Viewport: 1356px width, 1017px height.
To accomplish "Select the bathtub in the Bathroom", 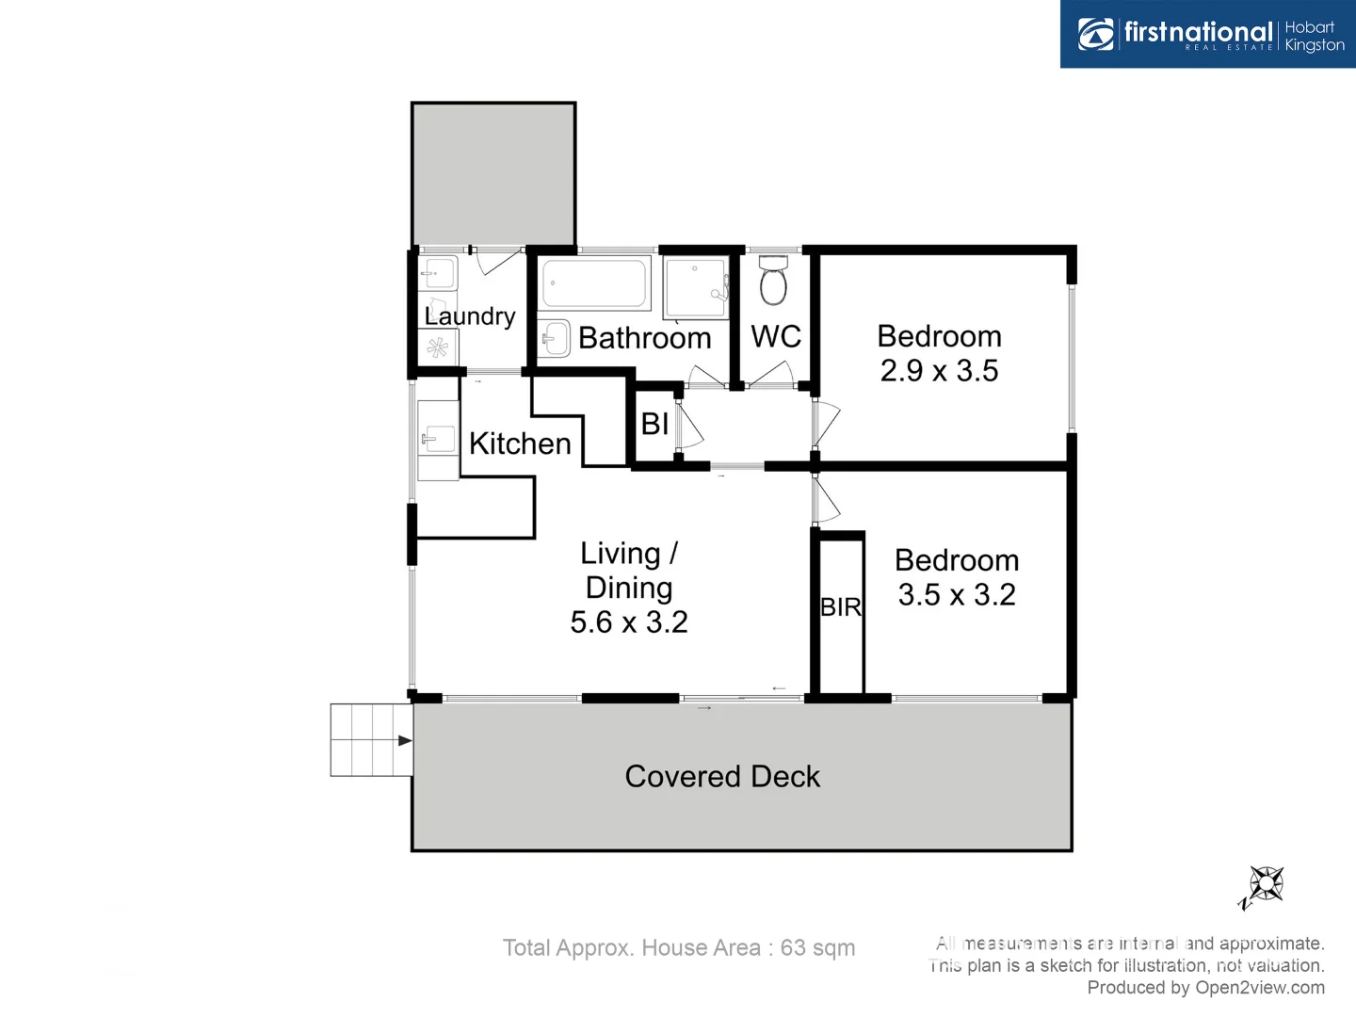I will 596,283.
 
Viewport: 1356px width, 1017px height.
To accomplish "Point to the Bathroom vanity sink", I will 555,339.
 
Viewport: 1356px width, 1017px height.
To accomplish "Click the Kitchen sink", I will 438,439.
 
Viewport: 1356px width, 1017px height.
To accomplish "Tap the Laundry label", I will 469,316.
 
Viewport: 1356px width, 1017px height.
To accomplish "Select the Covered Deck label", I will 722,777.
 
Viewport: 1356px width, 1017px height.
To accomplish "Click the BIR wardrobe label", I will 841,607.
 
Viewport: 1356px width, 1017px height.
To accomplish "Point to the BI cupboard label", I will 654,425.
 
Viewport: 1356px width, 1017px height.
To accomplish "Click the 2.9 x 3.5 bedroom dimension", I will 939,371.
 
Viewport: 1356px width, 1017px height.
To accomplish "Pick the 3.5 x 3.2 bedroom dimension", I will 956,595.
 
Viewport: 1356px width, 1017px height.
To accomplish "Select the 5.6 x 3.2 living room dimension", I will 629,622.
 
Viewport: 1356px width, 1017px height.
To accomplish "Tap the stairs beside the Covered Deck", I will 371,740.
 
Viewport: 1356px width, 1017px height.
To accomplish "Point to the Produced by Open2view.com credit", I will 1205,988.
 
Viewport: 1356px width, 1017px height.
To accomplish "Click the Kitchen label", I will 520,444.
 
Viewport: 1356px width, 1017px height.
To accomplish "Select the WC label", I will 776,337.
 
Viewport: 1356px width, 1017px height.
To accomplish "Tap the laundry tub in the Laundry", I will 438,274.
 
